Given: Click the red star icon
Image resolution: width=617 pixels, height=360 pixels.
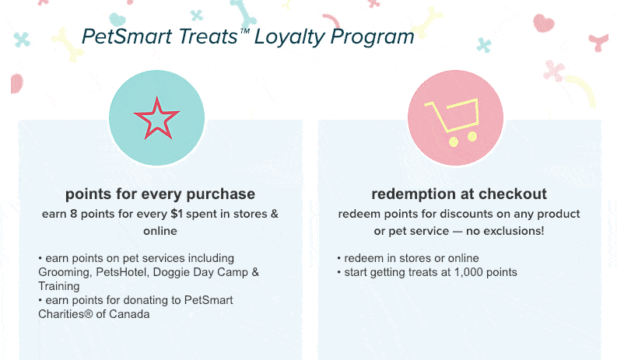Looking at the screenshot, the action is tap(156, 119).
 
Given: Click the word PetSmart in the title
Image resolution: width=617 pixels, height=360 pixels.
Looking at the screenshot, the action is tap(128, 37).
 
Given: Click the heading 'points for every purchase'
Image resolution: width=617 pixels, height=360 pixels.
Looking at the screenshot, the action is tap(160, 194).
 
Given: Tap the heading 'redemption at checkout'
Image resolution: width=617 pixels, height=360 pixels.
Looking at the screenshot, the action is tap(459, 194).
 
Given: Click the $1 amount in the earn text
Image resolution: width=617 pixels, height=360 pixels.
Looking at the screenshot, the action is tap(177, 214).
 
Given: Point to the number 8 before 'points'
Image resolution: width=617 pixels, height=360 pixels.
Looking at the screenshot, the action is tap(74, 214).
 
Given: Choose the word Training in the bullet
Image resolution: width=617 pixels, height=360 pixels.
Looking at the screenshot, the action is tap(59, 286).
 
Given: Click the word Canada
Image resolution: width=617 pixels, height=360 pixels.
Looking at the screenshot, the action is tap(129, 314).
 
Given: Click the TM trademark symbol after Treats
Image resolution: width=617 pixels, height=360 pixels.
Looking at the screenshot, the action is tap(245, 30).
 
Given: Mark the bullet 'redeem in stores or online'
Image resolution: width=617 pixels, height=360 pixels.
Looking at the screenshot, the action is tap(408, 258).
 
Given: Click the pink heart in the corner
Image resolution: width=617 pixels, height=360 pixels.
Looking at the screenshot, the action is tap(543, 23).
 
